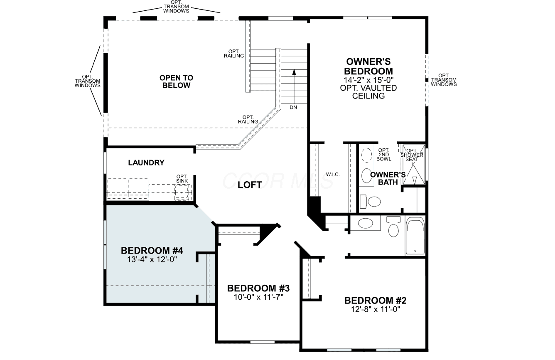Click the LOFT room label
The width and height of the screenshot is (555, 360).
click(x=250, y=185)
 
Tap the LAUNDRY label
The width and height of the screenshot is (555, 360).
click(x=146, y=163)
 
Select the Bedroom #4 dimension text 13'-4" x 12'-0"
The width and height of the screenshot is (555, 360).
click(x=152, y=259)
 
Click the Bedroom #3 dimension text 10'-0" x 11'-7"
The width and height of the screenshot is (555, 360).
click(x=258, y=297)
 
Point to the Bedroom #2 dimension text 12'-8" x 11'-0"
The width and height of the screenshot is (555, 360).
click(x=376, y=309)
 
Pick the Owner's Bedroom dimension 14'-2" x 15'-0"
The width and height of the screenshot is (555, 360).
click(x=368, y=80)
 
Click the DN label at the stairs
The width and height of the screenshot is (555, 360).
click(x=293, y=107)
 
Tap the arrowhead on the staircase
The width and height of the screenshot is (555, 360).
click(x=294, y=72)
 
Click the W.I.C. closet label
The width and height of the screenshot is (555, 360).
click(x=333, y=175)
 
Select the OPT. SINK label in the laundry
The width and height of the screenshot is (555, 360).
click(x=182, y=179)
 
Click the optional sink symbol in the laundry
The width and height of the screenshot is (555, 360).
click(x=182, y=192)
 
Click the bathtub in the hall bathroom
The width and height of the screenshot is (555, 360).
click(x=415, y=236)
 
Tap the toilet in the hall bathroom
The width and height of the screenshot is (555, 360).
click(x=393, y=227)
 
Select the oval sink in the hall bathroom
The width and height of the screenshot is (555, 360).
click(x=366, y=223)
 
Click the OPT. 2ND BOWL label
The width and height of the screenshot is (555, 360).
click(x=384, y=155)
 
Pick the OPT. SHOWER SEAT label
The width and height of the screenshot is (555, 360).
click(x=412, y=155)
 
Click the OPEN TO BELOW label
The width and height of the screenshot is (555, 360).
click(x=176, y=81)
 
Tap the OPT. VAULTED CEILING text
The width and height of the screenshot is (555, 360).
click(x=368, y=92)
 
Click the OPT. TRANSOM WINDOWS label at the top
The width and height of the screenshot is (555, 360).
click(x=176, y=7)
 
